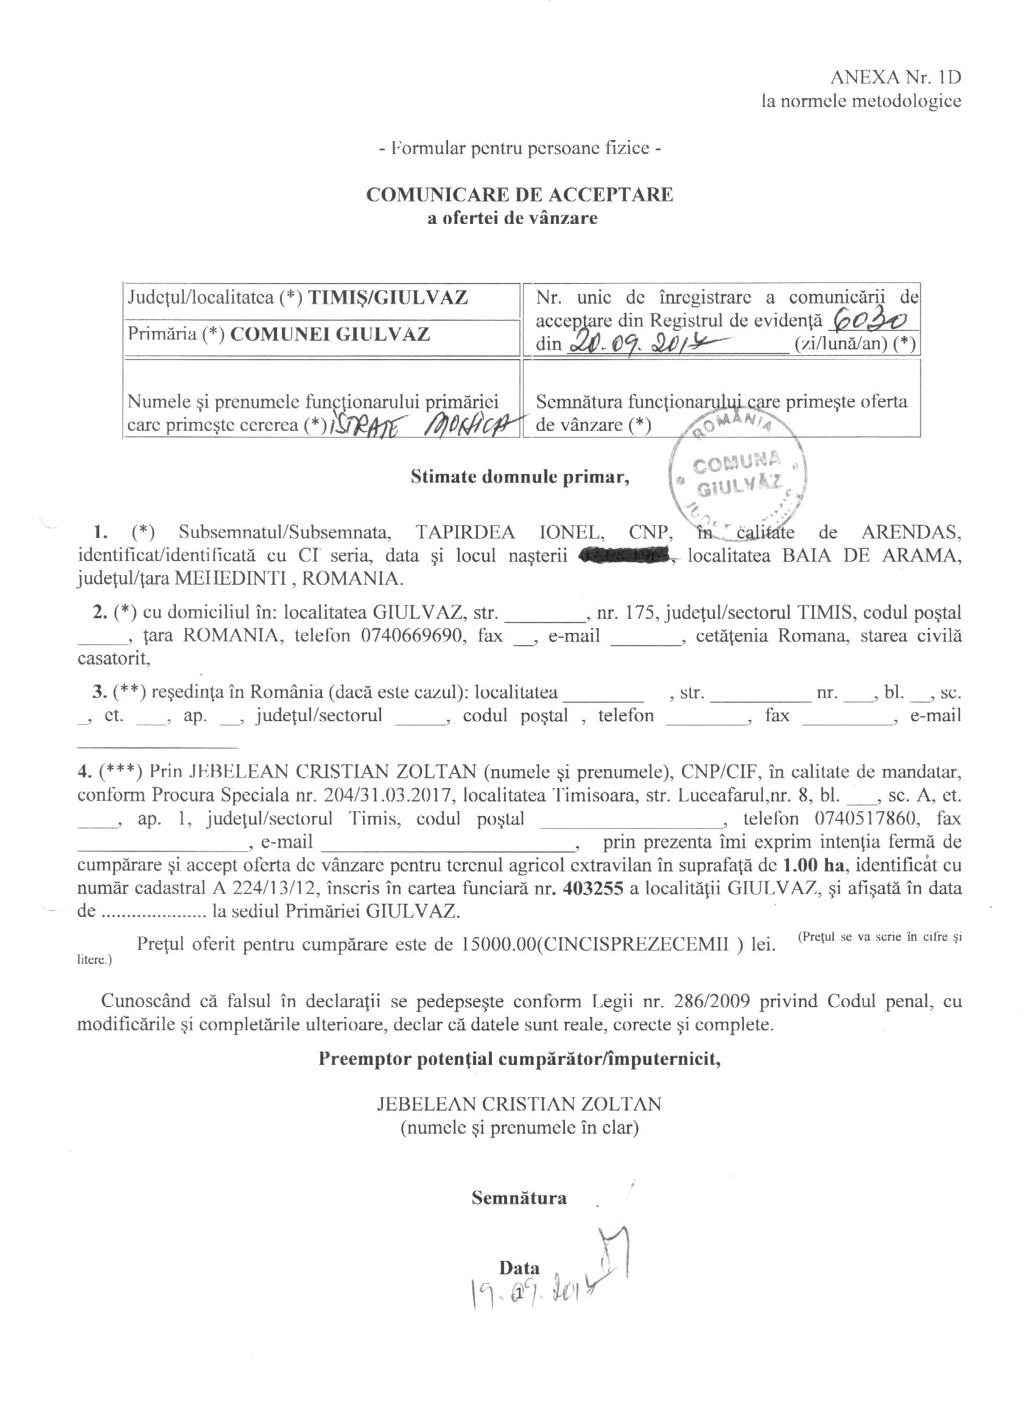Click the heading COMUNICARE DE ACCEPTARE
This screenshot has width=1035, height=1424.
click(x=519, y=195)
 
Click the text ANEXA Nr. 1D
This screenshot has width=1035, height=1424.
click(x=896, y=77)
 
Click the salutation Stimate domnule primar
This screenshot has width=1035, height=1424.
click(x=520, y=477)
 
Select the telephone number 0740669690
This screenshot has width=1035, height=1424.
click(x=413, y=635)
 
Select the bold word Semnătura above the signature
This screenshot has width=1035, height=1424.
click(x=519, y=1198)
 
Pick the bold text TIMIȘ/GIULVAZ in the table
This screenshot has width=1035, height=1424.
click(x=387, y=296)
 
